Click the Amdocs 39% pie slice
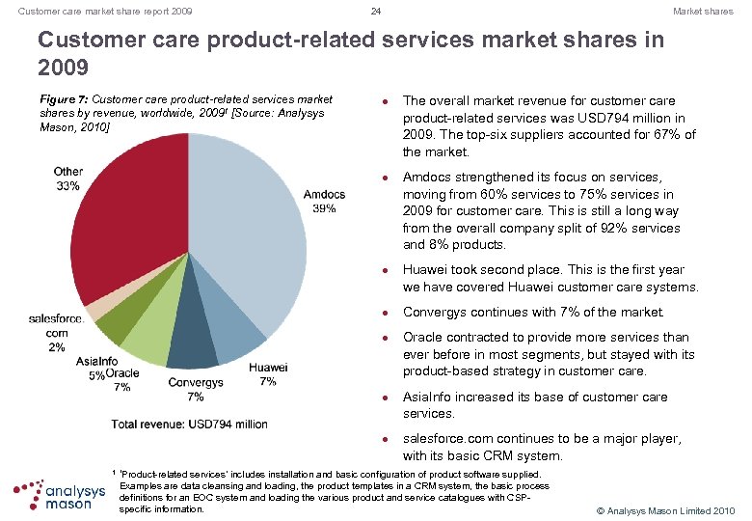pyautogui.click(x=255, y=232)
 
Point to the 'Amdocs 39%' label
pyautogui.click(x=324, y=202)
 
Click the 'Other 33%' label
pyautogui.click(x=68, y=178)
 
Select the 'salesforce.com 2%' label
pyautogui.click(x=56, y=332)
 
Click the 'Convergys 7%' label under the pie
pyautogui.click(x=196, y=389)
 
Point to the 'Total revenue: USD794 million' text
pyautogui.click(x=190, y=424)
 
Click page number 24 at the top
pyautogui.click(x=376, y=12)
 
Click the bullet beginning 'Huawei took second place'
pyautogui.click(x=550, y=279)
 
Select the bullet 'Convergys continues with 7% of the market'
pyautogui.click(x=533, y=312)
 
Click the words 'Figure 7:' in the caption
pyautogui.click(x=62, y=99)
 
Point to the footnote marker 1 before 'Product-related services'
pyautogui.click(x=114, y=473)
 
